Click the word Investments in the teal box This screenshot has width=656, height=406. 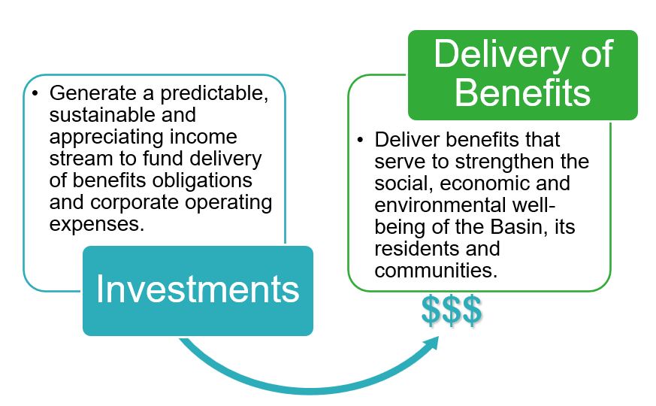point(198,290)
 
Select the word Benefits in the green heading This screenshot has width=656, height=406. point(522,92)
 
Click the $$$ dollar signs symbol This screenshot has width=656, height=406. point(451,310)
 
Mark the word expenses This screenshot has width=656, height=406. point(95,224)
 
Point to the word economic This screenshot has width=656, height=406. point(467,183)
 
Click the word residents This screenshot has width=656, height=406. point(411,248)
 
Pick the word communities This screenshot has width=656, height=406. point(435,270)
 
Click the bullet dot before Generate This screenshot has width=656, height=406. point(35,95)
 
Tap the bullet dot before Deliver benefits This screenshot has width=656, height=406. point(360,141)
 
